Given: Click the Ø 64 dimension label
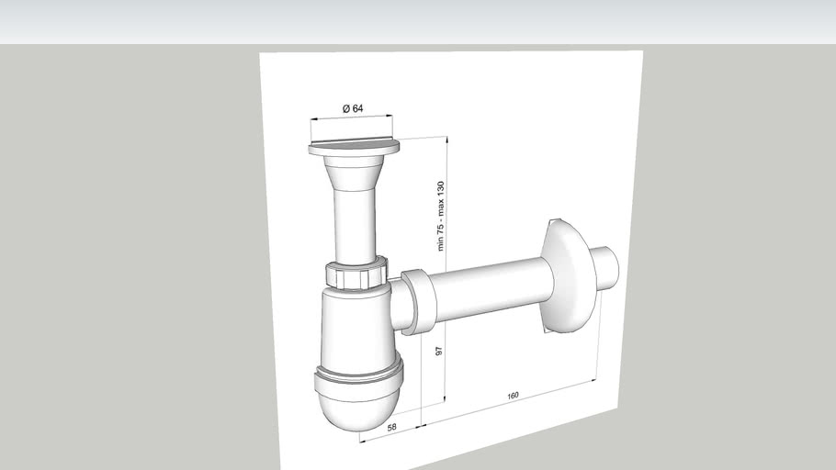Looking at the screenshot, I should (353, 108).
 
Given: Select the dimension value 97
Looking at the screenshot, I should (439, 352).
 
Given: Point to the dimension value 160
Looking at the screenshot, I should (513, 396).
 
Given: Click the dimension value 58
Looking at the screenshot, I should (391, 428).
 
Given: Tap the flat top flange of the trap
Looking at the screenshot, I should (354, 146).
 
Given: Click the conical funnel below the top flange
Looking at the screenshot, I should (354, 171).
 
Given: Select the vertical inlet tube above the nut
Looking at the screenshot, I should (354, 225).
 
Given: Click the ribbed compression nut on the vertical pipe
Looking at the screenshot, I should (354, 274).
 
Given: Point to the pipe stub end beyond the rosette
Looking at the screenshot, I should (606, 265).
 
